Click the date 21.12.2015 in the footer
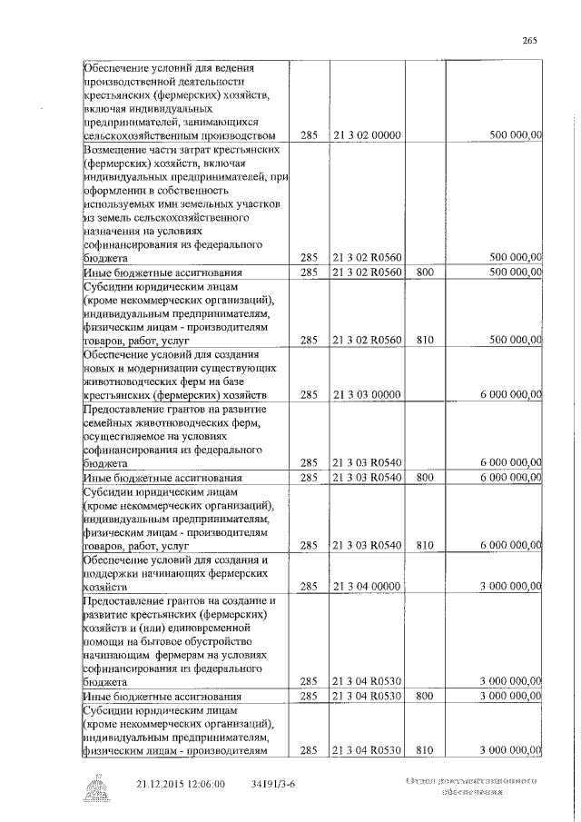click(162, 782)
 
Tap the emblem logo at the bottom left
click(94, 788)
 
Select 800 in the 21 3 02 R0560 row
click(425, 272)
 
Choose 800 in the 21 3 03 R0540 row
click(425, 477)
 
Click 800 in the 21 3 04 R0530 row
click(425, 696)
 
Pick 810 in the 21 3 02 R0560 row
click(425, 340)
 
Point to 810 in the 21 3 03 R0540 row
click(425, 545)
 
